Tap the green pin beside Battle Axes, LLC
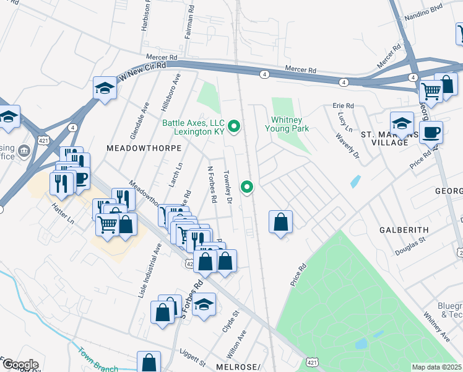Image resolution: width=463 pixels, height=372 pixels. [x=234, y=127]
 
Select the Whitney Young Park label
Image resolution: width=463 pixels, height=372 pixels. [x=287, y=124]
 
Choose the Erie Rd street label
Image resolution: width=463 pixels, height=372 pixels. [x=343, y=106]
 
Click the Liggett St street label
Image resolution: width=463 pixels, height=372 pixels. [x=194, y=359]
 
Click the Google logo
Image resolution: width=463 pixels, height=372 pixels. [x=20, y=365]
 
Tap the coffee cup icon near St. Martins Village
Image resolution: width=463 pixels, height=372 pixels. [x=431, y=132]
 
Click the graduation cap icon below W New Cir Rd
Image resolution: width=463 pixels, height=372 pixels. [x=105, y=89]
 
